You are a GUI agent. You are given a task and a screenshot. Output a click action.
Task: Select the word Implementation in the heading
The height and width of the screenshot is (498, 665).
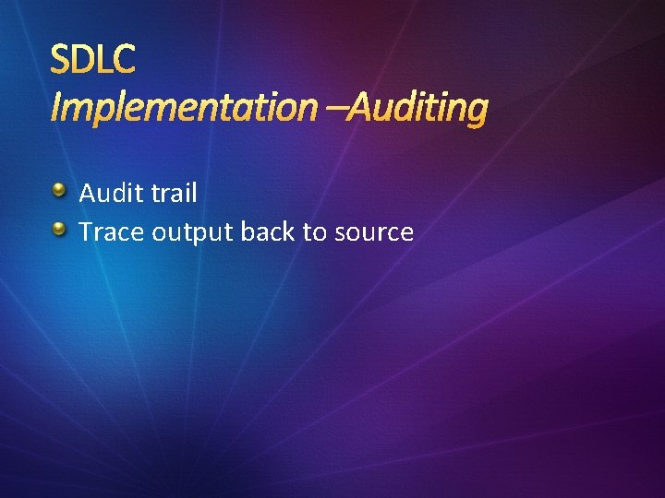182,109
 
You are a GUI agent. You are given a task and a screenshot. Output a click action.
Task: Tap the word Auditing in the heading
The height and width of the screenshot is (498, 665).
419,109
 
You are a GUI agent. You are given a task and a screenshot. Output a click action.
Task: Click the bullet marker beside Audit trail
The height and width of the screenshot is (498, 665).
58,191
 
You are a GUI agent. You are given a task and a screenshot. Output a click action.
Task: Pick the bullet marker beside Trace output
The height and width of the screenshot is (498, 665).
58,229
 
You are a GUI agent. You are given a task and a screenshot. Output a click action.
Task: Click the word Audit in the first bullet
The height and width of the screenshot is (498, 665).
109,193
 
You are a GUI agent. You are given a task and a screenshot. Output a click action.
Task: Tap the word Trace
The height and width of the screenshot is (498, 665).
111,231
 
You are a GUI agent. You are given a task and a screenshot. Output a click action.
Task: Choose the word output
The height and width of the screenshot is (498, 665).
192,232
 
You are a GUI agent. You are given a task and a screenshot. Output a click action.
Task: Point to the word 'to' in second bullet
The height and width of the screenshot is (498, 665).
314,232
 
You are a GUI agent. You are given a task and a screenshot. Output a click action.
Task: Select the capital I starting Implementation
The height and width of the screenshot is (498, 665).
55,109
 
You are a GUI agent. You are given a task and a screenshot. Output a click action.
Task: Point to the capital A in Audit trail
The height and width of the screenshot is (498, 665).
89,193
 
